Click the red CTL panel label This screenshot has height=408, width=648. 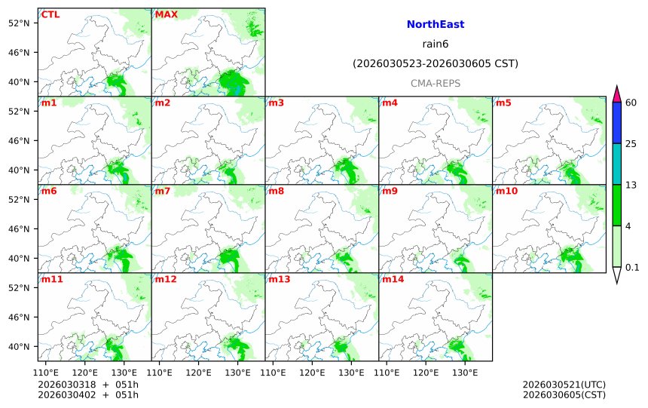pos(50,14)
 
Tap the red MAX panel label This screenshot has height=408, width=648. pos(166,14)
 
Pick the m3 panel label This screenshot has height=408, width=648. pos(277,103)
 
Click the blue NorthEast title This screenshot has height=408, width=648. pos(435,25)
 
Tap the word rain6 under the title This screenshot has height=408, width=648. pos(435,44)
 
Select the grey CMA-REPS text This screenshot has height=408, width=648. pos(435,84)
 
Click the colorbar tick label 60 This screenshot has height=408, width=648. pos(631,103)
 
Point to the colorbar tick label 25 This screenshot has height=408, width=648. pos(631,144)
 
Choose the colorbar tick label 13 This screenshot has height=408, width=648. pos(631,185)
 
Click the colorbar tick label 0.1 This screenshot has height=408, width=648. pos(632,267)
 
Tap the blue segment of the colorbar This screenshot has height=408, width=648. pos(616,123)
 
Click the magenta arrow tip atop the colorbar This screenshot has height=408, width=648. pos(616,94)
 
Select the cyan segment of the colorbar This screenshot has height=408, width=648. pos(616,164)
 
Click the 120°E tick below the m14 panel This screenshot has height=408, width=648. pos(426,372)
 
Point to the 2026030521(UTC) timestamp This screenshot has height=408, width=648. pos(564,385)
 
